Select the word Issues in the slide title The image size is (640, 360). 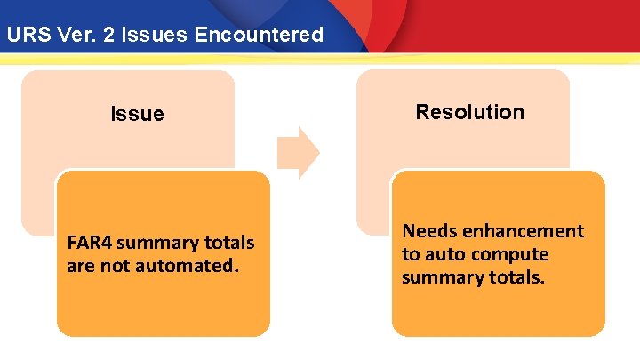coord(172,36)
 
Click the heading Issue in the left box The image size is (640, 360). coord(137,114)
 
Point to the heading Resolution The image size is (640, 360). coord(470,112)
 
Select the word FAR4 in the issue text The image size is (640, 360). coord(89,243)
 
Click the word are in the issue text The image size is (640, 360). coord(80,265)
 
